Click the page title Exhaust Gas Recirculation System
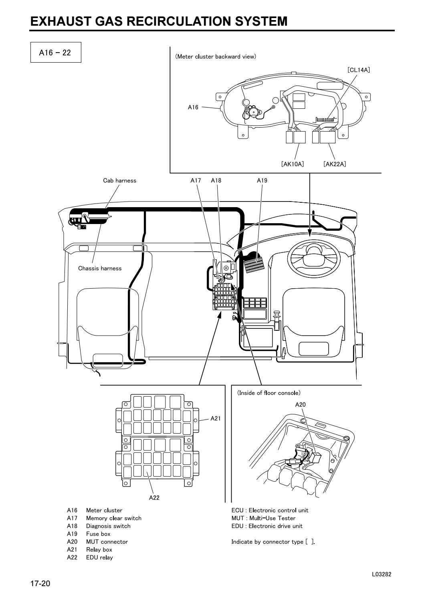tap(159, 21)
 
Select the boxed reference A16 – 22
tap(55, 52)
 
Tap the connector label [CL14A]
tap(358, 70)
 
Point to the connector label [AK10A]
tap(292, 164)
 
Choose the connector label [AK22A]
tap(335, 164)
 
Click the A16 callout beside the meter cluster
tap(193, 107)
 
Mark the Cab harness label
tap(119, 181)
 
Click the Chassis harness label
tap(99, 268)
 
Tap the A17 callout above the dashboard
tap(196, 181)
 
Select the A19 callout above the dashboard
tap(262, 181)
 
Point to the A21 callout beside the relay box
tap(216, 418)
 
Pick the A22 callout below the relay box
tap(154, 497)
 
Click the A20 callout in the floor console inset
tap(300, 404)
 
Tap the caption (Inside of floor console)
tap(269, 393)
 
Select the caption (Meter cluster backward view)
tap(215, 57)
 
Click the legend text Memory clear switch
tap(113, 518)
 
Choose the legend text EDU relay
tap(99, 557)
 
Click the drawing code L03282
tap(382, 574)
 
